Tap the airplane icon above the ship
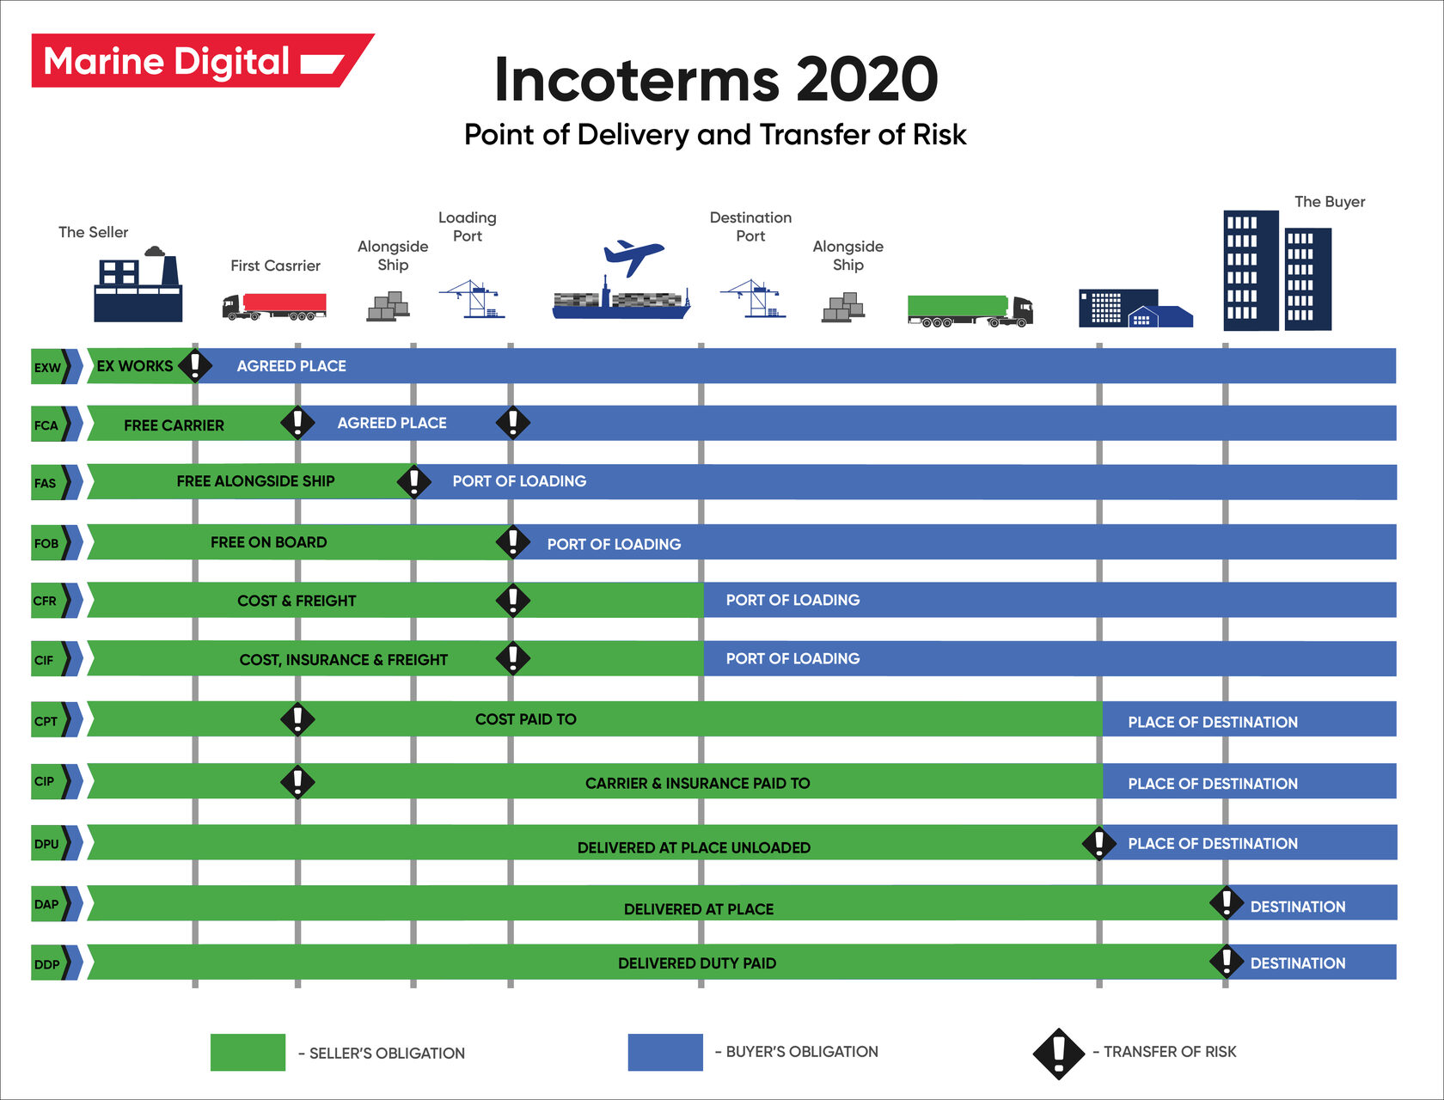click(x=633, y=256)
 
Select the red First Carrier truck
click(x=275, y=306)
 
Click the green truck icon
click(x=970, y=310)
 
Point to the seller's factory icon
click(x=138, y=287)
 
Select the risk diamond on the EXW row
click(x=195, y=365)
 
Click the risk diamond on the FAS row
click(x=414, y=481)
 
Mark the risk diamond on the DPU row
click(x=1098, y=843)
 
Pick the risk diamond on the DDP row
click(x=1227, y=962)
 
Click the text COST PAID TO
click(x=526, y=719)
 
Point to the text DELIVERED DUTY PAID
click(x=697, y=963)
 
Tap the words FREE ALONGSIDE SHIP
click(x=255, y=481)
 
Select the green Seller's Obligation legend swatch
click(x=248, y=1052)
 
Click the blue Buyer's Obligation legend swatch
click(x=665, y=1052)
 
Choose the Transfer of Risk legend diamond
click(x=1059, y=1053)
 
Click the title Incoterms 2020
click(x=716, y=79)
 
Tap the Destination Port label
click(x=750, y=227)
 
